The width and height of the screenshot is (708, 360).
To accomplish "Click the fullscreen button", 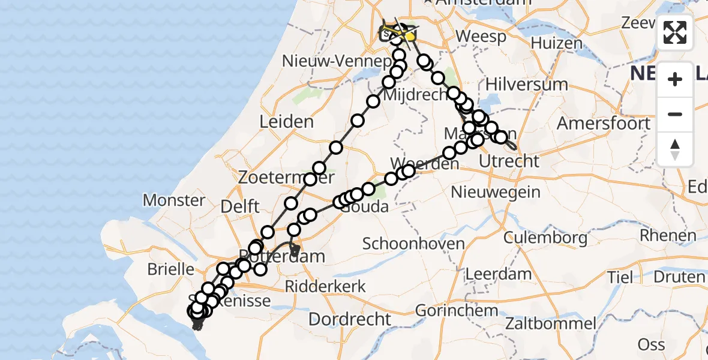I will (675, 32).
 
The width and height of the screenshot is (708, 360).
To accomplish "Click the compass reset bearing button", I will (675, 149).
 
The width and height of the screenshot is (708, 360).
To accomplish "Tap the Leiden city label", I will (286, 122).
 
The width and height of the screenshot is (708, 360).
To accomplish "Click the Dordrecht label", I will (350, 319).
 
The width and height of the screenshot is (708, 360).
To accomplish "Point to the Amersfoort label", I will (604, 124).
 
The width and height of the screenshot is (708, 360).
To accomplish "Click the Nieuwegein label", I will (496, 193).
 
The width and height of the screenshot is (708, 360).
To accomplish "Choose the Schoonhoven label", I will (414, 244).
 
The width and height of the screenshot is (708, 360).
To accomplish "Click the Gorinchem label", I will (456, 311).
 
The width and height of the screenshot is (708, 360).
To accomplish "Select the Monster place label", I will (174, 200).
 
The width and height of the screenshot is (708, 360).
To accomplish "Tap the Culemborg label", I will (545, 238).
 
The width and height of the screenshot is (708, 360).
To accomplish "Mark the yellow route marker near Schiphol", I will (410, 37).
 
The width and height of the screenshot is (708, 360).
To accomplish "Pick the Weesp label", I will (481, 36).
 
